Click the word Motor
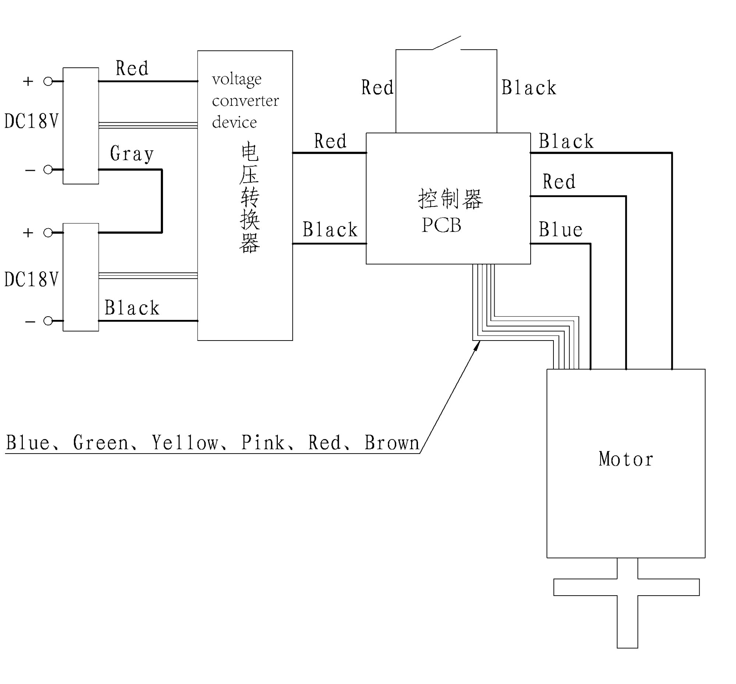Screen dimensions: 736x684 click(x=625, y=459)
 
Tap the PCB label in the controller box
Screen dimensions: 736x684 click(x=442, y=225)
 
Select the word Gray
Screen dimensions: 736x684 click(x=132, y=154)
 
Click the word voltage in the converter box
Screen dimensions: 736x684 click(x=237, y=79)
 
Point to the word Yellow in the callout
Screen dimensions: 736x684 click(x=185, y=442)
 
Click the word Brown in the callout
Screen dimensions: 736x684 click(x=392, y=442)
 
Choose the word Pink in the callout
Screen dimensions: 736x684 click(x=263, y=442)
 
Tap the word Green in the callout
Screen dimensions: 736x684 click(x=101, y=442)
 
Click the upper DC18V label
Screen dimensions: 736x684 click(x=31, y=121)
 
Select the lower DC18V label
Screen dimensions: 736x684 click(x=31, y=279)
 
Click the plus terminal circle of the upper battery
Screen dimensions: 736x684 click(x=48, y=81)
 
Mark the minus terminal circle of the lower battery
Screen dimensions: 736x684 click(x=48, y=321)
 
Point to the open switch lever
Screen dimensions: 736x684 click(x=447, y=43)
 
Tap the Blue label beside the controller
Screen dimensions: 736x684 click(x=560, y=229)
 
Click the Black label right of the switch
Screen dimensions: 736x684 click(x=529, y=88)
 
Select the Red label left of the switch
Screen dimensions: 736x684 click(x=377, y=88)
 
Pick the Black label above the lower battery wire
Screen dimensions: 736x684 click(x=132, y=307)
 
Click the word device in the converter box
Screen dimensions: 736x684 click(x=234, y=123)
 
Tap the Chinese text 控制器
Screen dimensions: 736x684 click(x=450, y=199)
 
